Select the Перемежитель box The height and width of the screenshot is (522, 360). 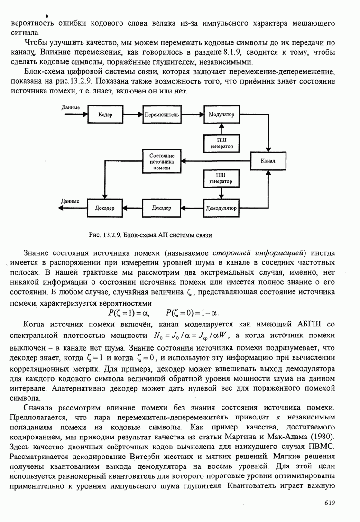[x=161, y=115]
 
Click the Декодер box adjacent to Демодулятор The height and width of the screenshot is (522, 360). [x=161, y=208]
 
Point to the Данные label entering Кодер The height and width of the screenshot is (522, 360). [x=71, y=107]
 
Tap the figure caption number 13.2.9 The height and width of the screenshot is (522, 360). [x=114, y=234]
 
